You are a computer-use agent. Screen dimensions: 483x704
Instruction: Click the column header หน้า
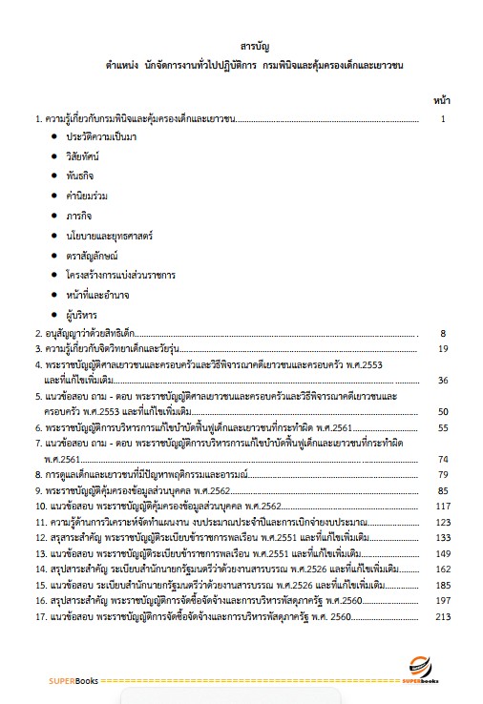pyautogui.click(x=442, y=99)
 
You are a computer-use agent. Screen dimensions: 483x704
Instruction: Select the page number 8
pyautogui.click(x=443, y=334)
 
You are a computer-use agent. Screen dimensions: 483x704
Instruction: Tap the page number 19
pyautogui.click(x=442, y=349)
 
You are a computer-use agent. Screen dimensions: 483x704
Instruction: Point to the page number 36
pyautogui.click(x=442, y=381)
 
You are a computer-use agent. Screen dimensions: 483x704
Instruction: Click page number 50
pyautogui.click(x=442, y=411)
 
